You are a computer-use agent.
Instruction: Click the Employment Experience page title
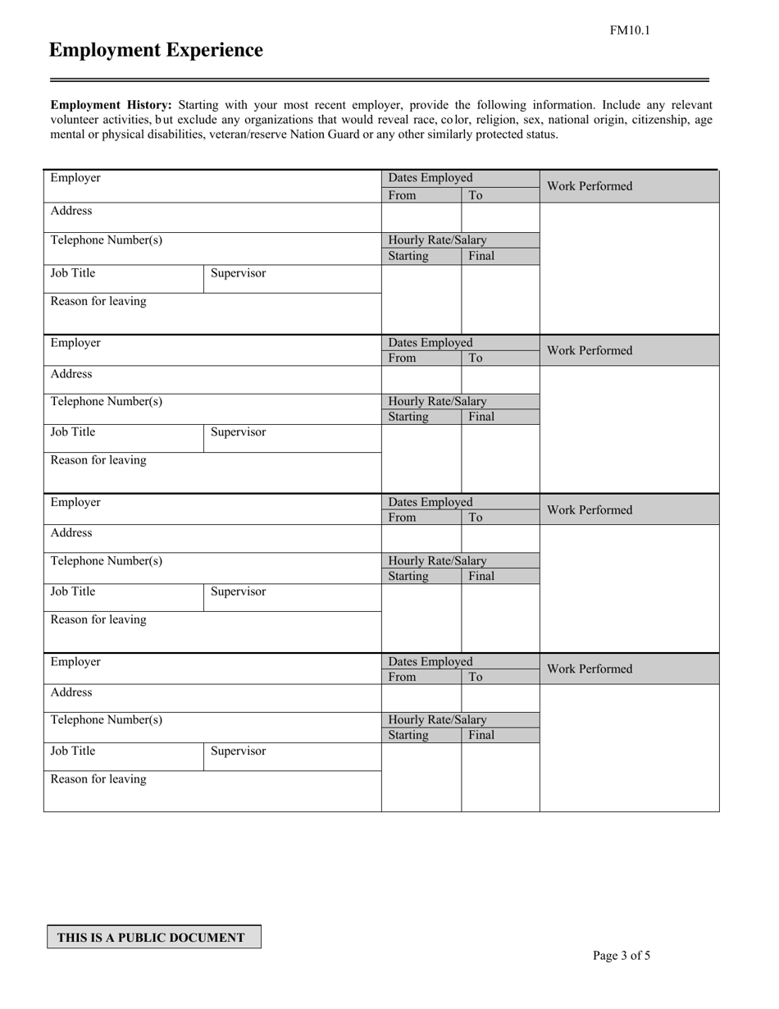tap(156, 51)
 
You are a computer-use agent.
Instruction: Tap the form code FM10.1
tap(629, 31)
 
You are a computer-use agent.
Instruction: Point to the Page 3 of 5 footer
tap(622, 955)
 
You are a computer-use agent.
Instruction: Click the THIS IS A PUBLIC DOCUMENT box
tap(153, 937)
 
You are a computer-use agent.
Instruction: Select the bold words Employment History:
tap(112, 105)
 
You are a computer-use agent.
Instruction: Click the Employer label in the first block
tap(75, 178)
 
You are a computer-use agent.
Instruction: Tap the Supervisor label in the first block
tap(238, 273)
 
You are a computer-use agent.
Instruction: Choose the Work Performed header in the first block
tap(590, 186)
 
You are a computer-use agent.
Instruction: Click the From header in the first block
tap(402, 195)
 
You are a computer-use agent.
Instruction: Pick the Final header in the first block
tap(481, 256)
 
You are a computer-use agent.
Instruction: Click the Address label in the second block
tap(71, 374)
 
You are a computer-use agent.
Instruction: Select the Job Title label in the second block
tap(73, 432)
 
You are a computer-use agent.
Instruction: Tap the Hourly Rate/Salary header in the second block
tap(437, 401)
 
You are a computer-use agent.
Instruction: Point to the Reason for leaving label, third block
tap(98, 620)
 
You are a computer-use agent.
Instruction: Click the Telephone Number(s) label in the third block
tap(107, 561)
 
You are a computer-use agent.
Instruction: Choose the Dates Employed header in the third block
tap(430, 501)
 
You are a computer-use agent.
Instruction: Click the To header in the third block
tap(476, 518)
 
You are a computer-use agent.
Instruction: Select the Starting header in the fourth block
tap(408, 735)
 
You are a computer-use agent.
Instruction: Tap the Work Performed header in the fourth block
tap(590, 669)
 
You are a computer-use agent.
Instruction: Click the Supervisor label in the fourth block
tap(238, 751)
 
